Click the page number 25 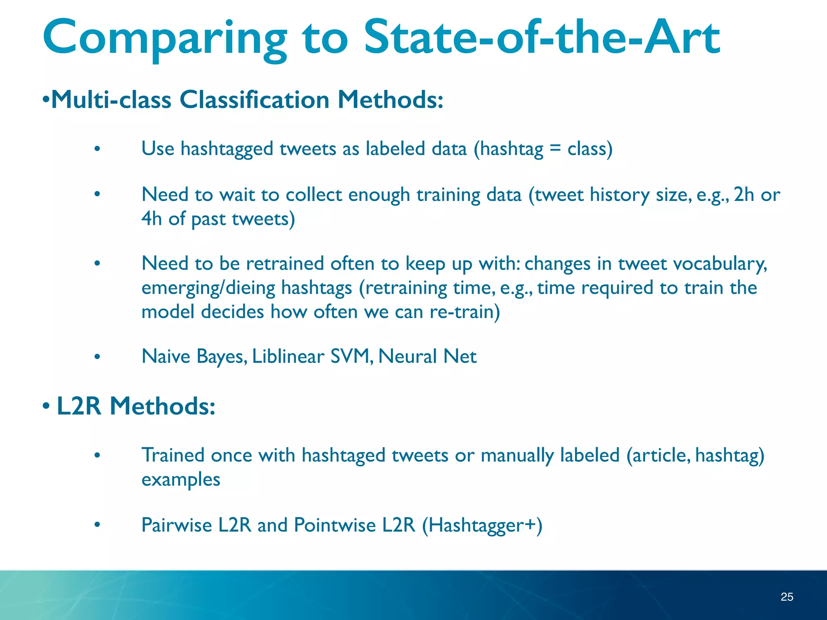point(787,597)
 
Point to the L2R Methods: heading point(136,406)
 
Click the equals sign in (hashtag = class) point(555,148)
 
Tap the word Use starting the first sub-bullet point(157,149)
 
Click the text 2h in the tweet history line point(744,195)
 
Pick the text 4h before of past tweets point(151,219)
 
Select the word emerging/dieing point(208,288)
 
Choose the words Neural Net point(427,356)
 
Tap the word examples point(181,480)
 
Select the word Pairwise point(176,525)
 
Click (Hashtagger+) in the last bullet point(482,526)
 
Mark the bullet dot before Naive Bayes point(97,357)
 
